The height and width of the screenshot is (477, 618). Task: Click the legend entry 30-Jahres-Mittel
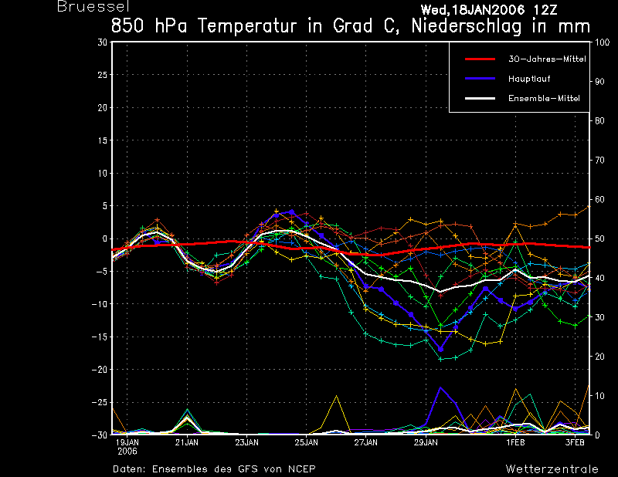pyautogui.click(x=547, y=59)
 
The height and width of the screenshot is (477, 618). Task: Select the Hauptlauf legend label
pyautogui.click(x=529, y=79)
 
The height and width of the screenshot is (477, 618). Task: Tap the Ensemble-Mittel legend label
pyautogui.click(x=544, y=99)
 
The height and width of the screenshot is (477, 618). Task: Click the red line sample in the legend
pyautogui.click(x=480, y=59)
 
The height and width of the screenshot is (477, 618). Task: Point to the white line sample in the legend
pyautogui.click(x=480, y=99)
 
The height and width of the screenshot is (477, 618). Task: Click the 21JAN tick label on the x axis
pyautogui.click(x=187, y=442)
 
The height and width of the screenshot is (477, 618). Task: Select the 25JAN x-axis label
pyautogui.click(x=306, y=442)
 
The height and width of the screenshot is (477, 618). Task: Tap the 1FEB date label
pyautogui.click(x=515, y=442)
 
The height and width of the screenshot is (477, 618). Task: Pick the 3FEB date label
pyautogui.click(x=575, y=442)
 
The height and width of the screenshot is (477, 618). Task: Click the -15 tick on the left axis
pyautogui.click(x=100, y=337)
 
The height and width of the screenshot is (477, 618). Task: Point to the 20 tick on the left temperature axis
pyautogui.click(x=103, y=107)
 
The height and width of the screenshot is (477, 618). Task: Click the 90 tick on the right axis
pyautogui.click(x=599, y=82)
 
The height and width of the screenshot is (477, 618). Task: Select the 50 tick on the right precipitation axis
pyautogui.click(x=599, y=238)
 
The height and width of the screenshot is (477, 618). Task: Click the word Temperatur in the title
pyautogui.click(x=246, y=26)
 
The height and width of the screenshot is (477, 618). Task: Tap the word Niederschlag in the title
pyautogui.click(x=467, y=26)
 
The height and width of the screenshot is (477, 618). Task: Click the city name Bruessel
pyautogui.click(x=93, y=6)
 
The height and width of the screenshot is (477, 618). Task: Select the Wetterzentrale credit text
pyautogui.click(x=552, y=469)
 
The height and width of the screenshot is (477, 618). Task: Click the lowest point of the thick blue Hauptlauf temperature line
pyautogui.click(x=440, y=350)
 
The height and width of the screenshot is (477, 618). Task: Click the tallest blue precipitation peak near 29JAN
pyautogui.click(x=440, y=387)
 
